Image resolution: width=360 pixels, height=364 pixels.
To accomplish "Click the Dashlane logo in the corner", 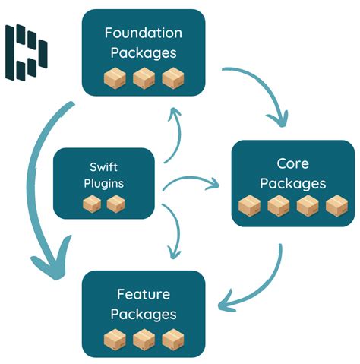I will pyautogui.click(x=27, y=52).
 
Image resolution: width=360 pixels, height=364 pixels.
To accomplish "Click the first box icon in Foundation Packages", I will pyautogui.click(x=115, y=78).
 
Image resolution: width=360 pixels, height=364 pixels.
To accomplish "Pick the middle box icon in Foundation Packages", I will pyautogui.click(x=144, y=78).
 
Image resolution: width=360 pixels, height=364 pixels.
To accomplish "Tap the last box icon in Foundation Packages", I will pyautogui.click(x=172, y=78).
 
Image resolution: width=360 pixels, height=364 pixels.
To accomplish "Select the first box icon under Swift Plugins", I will pyautogui.click(x=91, y=204).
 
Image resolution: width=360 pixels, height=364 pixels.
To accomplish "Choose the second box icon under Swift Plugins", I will pyautogui.click(x=115, y=204).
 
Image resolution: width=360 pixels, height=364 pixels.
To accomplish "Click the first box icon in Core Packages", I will pyautogui.click(x=250, y=206).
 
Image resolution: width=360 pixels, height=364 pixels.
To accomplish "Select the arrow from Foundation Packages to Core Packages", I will pyautogui.click(x=266, y=90).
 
